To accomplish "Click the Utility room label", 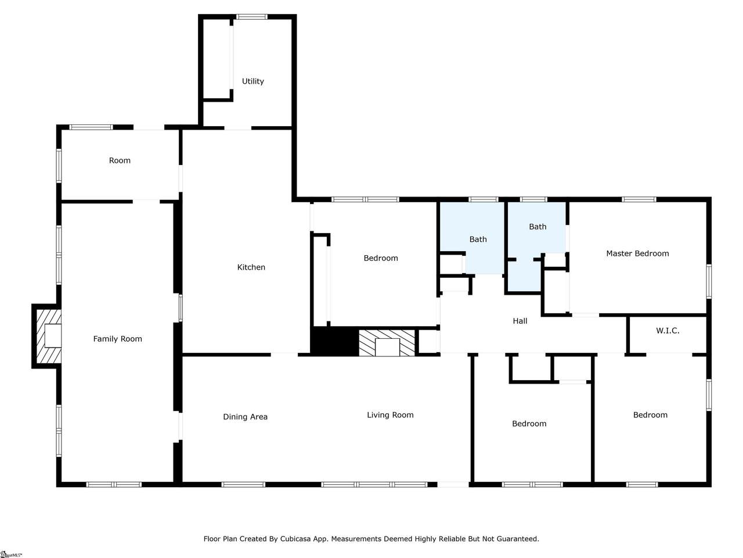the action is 253,81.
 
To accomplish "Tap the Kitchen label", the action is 251,267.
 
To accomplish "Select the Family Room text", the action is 117,339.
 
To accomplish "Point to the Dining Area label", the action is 245,417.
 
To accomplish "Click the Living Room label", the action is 390,415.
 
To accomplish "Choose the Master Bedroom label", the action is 637,253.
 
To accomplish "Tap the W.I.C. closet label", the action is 667,331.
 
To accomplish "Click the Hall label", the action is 520,321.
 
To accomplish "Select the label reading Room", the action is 120,160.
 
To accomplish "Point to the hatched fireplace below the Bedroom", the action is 387,343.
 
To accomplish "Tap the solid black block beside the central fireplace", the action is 334,342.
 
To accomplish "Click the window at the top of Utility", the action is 251,17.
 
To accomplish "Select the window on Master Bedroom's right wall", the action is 709,281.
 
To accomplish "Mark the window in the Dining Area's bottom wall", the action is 243,485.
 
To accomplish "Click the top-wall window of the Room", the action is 91,127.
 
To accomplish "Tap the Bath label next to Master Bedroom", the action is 537,227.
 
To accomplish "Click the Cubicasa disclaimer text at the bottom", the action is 371,539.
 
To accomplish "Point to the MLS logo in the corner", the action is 11,555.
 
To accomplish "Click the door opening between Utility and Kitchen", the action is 237,128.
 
